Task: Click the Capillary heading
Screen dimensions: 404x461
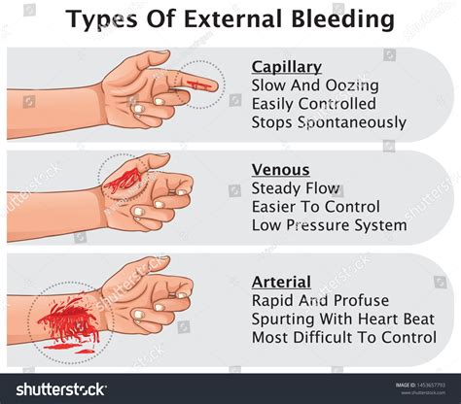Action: click(286, 67)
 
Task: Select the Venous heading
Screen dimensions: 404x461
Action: click(279, 170)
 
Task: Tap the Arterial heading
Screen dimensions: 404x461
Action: click(281, 282)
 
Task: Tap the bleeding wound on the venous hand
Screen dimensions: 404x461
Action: click(122, 178)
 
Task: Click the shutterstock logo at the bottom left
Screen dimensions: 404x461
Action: click(60, 389)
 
